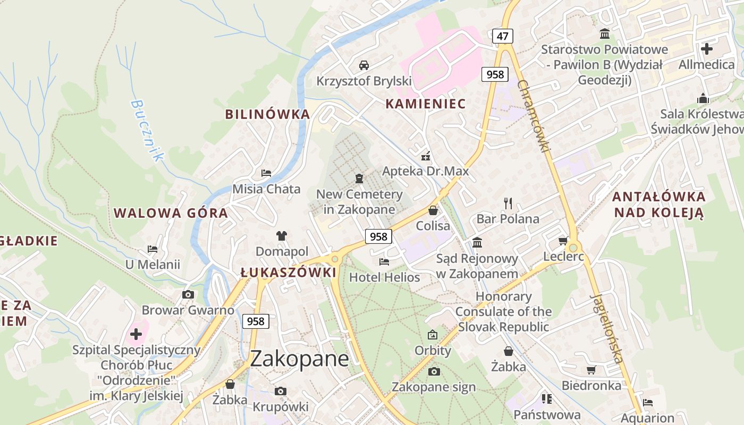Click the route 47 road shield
tap(503, 36)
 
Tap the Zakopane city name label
tap(300, 359)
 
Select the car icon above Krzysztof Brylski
tap(364, 65)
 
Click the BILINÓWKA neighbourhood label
tap(267, 114)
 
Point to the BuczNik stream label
tap(147, 131)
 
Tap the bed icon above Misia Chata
tap(266, 173)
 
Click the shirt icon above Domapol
tap(281, 236)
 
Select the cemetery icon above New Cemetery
tap(359, 178)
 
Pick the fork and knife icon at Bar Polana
tap(508, 203)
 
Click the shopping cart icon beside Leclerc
tap(563, 241)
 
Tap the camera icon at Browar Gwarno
tap(188, 294)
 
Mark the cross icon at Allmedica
tap(707, 49)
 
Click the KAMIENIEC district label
tap(425, 104)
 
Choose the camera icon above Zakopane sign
tap(434, 371)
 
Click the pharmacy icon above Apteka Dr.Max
tap(426, 156)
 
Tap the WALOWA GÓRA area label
tap(171, 214)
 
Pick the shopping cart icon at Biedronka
tap(591, 370)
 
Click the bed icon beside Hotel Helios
tap(384, 262)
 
